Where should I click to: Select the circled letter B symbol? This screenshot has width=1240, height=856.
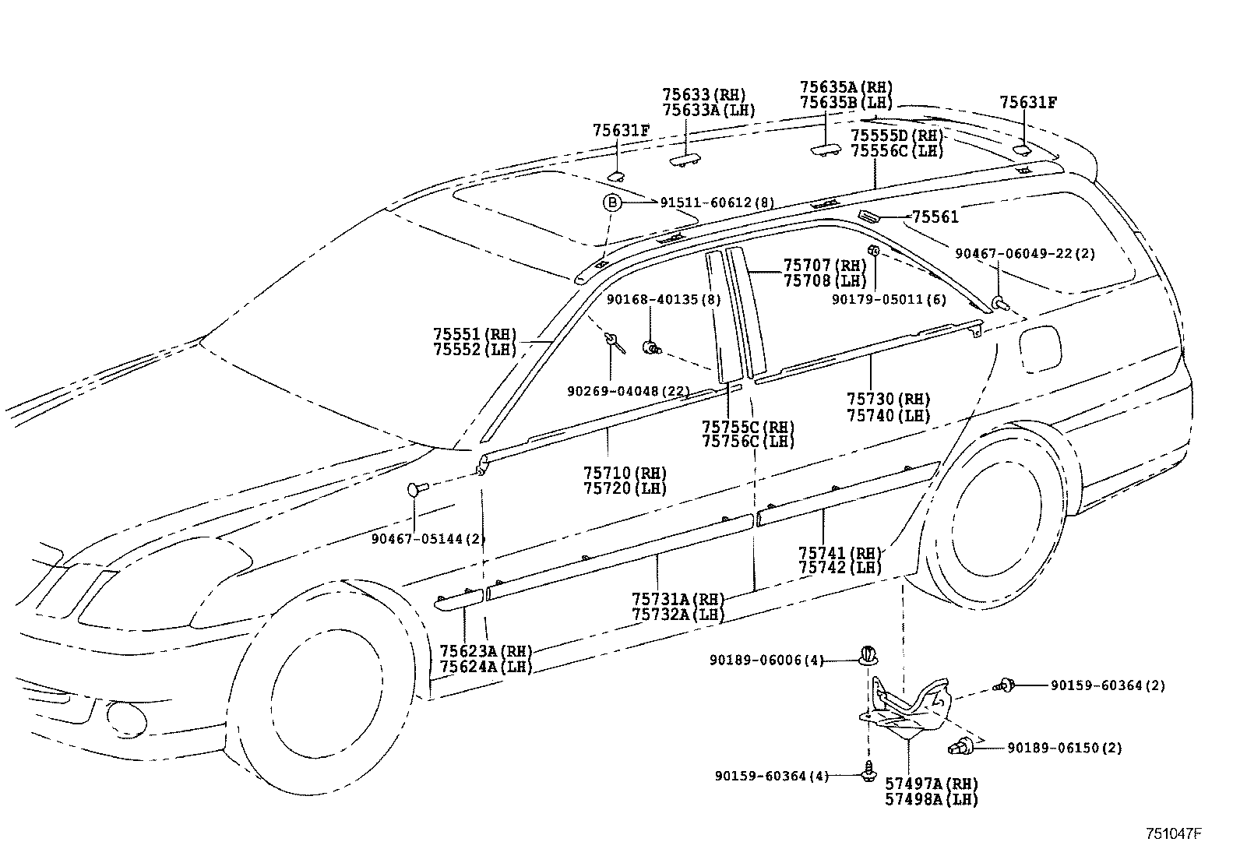613,203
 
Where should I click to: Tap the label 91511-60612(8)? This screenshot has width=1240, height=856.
717,203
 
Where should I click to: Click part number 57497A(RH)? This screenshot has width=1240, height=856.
932,784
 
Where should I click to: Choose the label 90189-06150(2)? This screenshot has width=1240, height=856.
1064,748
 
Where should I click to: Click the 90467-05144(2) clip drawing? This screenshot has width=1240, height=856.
417,489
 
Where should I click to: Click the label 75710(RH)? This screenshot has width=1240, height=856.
625,473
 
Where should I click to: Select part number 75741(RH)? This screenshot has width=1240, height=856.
840,553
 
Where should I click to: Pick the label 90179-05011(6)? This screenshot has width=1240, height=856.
879,298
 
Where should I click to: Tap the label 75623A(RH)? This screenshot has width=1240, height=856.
484,651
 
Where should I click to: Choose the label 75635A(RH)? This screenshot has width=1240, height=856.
846,87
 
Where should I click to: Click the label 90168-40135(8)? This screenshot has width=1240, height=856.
664,299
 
